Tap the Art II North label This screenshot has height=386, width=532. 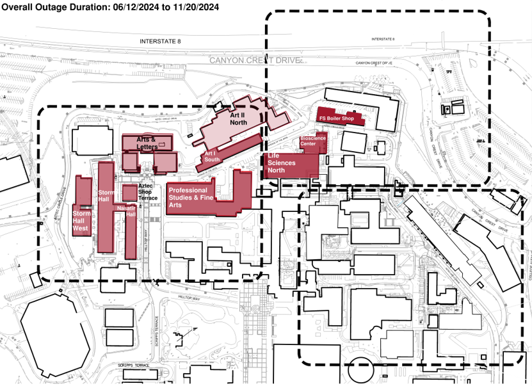tap(238, 118)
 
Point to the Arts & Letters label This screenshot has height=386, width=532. tap(146, 143)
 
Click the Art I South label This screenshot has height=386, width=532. tap(212, 156)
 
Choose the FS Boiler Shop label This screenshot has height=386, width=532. tap(336, 118)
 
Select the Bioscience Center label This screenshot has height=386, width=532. tap(313, 141)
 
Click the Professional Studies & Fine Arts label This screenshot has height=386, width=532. tap(191, 198)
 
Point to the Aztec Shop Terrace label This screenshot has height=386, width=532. tap(148, 192)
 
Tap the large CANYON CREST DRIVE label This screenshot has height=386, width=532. tap(255, 60)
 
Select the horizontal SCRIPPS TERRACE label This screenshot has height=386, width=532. tap(133, 365)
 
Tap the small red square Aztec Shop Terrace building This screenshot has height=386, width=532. tap(129, 192)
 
